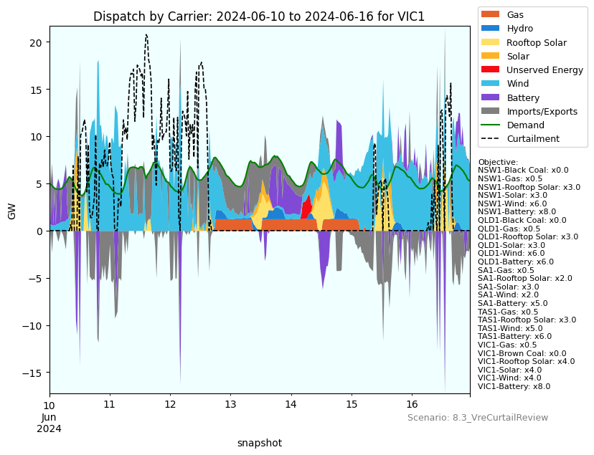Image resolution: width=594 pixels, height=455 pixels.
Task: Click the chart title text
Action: click(259, 16)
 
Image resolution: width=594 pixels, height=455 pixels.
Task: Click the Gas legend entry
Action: click(514, 14)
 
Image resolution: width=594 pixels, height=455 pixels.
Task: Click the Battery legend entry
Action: click(522, 97)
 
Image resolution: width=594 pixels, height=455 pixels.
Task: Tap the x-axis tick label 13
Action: click(230, 406)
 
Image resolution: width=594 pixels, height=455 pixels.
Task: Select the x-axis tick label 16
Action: click(411, 406)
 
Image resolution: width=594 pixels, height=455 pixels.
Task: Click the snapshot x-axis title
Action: click(259, 443)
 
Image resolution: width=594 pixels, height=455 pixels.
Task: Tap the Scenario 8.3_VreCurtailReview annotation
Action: click(478, 418)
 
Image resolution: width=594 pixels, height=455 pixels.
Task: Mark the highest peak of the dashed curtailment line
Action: click(146, 34)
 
